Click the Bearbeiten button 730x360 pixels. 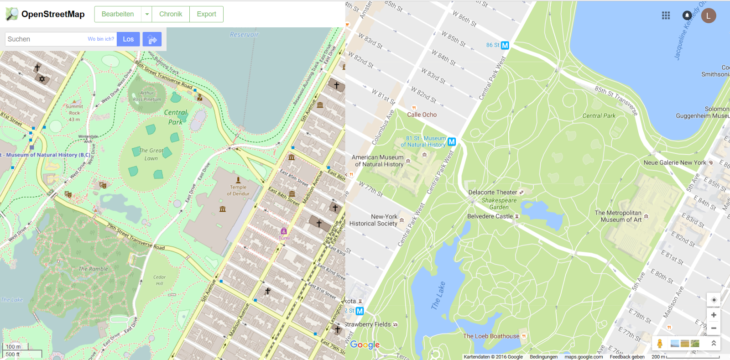coord(118,14)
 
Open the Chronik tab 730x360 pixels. coord(171,14)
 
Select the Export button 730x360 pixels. coord(206,14)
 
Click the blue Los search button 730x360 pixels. coord(128,39)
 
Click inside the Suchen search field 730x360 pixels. coord(46,39)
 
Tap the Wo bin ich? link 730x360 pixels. coord(101,39)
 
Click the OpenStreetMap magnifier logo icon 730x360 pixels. coord(12,14)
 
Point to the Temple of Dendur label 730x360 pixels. coord(238,190)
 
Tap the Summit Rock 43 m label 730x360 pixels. coord(74,113)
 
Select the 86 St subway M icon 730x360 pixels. coord(505,45)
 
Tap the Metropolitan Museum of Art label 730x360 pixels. coord(618,216)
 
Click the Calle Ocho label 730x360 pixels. coord(422,115)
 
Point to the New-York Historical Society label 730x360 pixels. coord(374,220)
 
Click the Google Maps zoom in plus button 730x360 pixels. coord(714,315)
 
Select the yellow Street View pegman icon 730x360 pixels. coord(659,344)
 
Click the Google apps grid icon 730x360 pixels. coord(666,16)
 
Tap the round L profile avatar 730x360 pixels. coord(708,16)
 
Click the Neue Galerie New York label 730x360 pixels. coord(674,162)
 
